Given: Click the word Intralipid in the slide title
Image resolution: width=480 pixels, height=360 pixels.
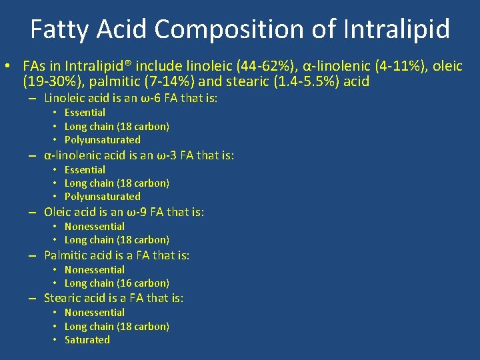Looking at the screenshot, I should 397,29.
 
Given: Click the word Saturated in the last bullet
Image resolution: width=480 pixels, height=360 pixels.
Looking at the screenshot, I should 87,340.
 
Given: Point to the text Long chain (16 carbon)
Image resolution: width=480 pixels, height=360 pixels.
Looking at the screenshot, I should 117,283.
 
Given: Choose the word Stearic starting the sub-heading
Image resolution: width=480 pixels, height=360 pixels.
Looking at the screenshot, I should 63,298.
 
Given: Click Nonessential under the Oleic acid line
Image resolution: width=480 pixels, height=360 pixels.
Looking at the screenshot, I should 95,227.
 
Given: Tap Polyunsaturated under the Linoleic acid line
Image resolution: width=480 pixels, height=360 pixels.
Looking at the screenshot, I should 103,140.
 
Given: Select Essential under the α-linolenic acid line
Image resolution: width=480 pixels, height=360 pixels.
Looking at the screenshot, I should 85,170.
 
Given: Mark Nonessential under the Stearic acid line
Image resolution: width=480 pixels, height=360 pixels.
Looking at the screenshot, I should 95,313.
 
